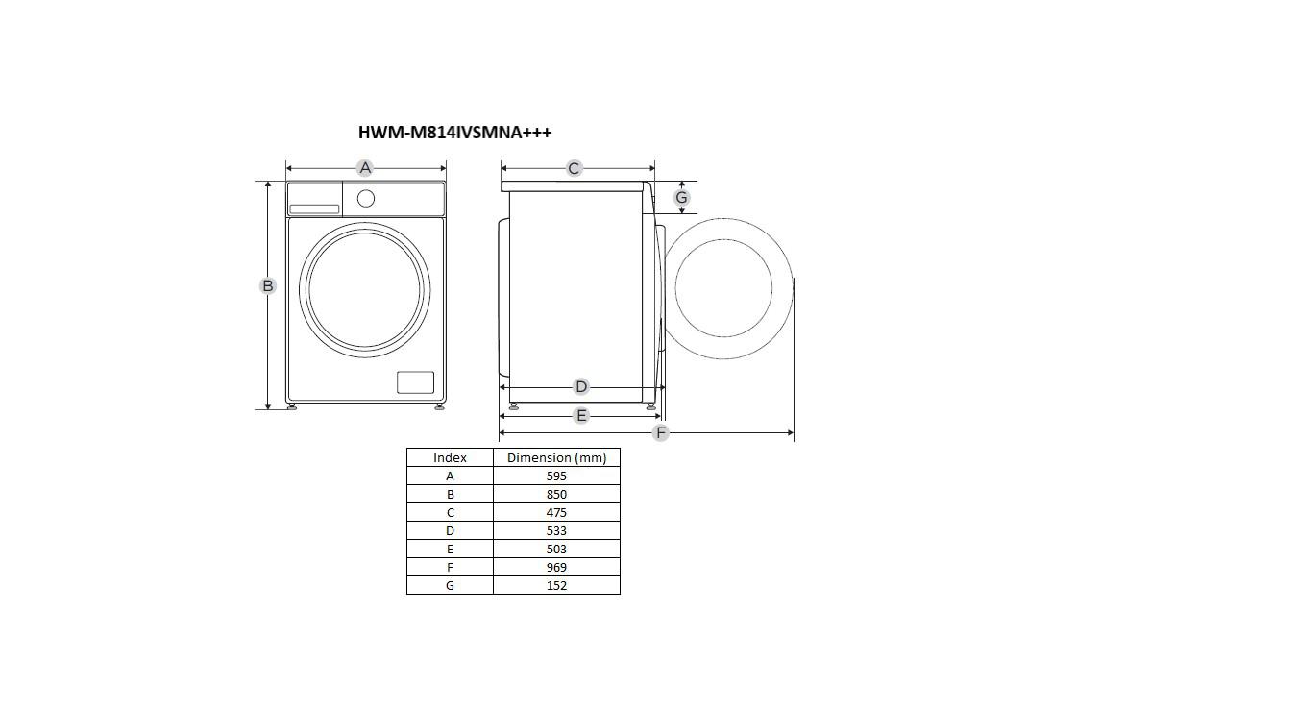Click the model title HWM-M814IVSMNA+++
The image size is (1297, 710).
click(x=454, y=132)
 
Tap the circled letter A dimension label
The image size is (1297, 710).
click(x=365, y=168)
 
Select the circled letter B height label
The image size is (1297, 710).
click(x=267, y=285)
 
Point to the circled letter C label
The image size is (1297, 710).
click(x=574, y=168)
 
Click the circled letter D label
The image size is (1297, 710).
click(x=580, y=386)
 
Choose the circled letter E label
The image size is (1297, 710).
click(x=580, y=415)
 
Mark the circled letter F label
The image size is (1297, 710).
click(x=660, y=432)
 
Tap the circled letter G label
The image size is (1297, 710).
click(x=681, y=198)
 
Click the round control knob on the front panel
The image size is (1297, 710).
click(x=366, y=199)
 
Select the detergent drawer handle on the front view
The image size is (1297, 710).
click(x=314, y=209)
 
